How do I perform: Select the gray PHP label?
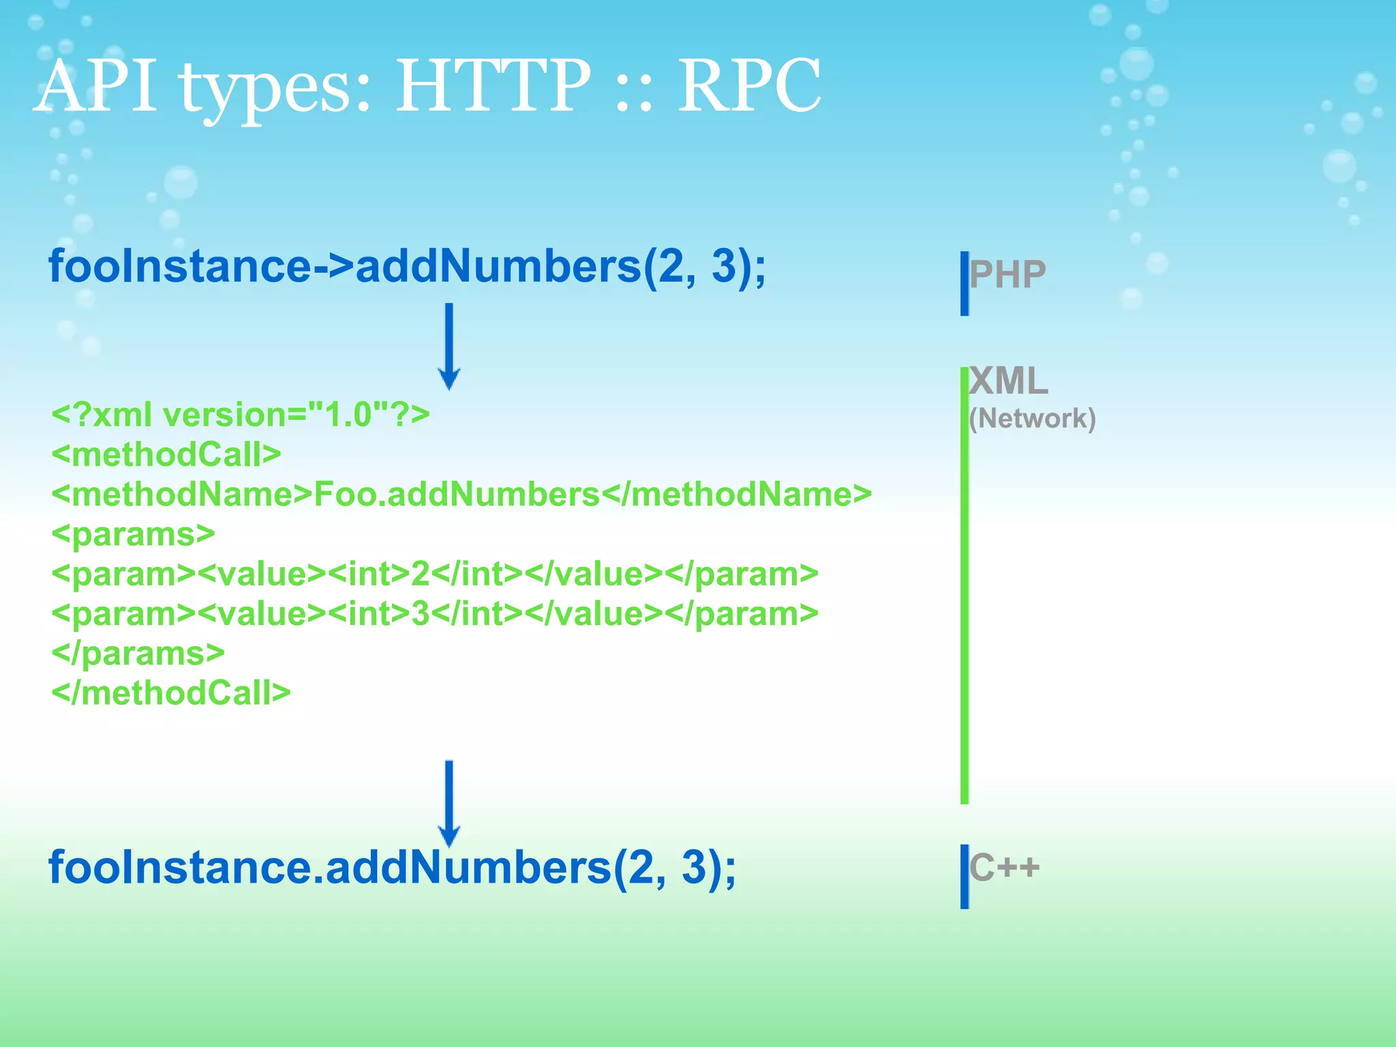point(1007,275)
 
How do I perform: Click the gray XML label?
point(1008,381)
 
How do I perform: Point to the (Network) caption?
point(1032,419)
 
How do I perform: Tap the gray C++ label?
point(1004,868)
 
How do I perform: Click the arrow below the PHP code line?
point(449,346)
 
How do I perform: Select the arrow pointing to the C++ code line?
point(449,802)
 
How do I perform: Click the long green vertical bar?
point(964,586)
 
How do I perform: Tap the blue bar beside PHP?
point(964,284)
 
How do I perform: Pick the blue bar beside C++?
point(964,877)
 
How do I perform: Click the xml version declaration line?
point(240,414)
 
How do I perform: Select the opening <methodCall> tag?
point(166,455)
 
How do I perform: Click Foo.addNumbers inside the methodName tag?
point(456,494)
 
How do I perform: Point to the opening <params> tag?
point(133,534)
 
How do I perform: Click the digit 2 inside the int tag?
point(420,574)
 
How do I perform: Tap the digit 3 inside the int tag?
point(420,613)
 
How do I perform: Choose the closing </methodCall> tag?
point(170,693)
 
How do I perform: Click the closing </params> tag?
point(138,654)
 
